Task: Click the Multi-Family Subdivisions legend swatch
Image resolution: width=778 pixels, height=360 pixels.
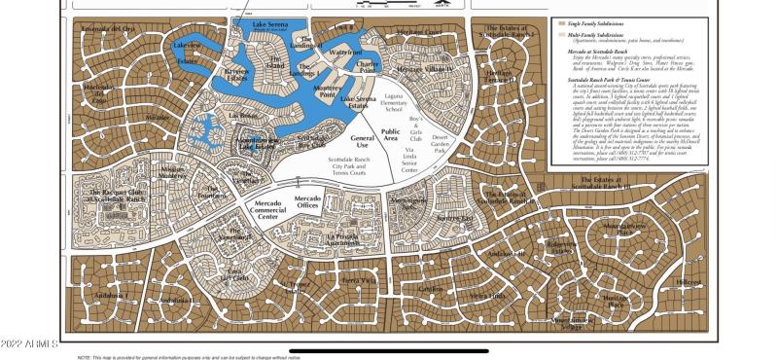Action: tap(561, 35)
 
